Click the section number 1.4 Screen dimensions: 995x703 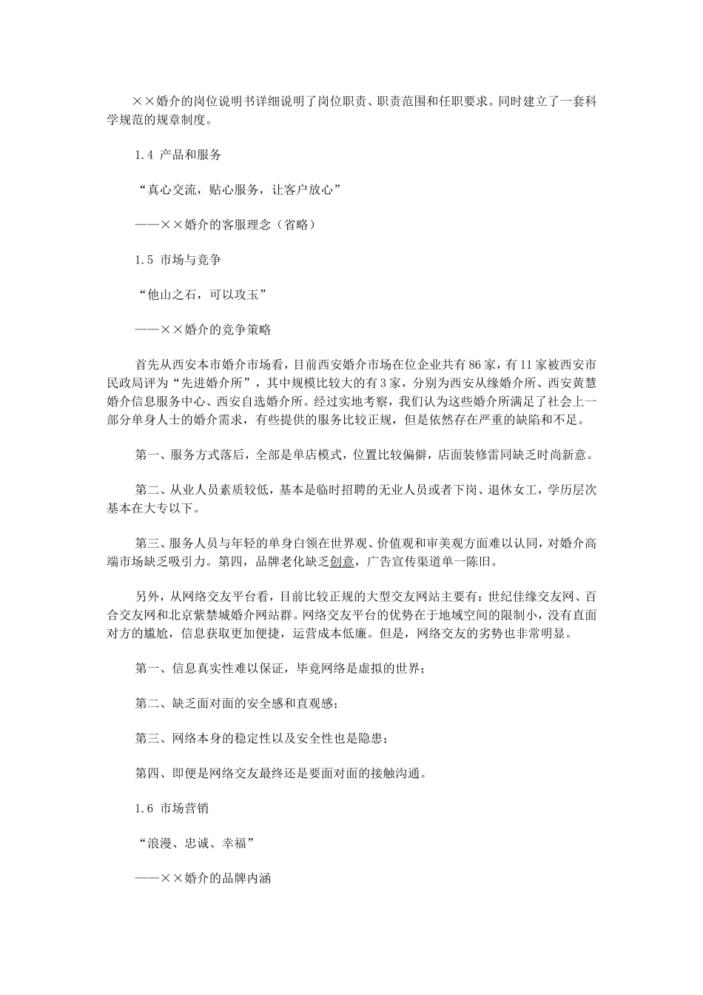point(144,155)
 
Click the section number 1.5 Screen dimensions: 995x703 point(144,260)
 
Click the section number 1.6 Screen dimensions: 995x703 point(144,808)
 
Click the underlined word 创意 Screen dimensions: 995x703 point(342,561)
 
